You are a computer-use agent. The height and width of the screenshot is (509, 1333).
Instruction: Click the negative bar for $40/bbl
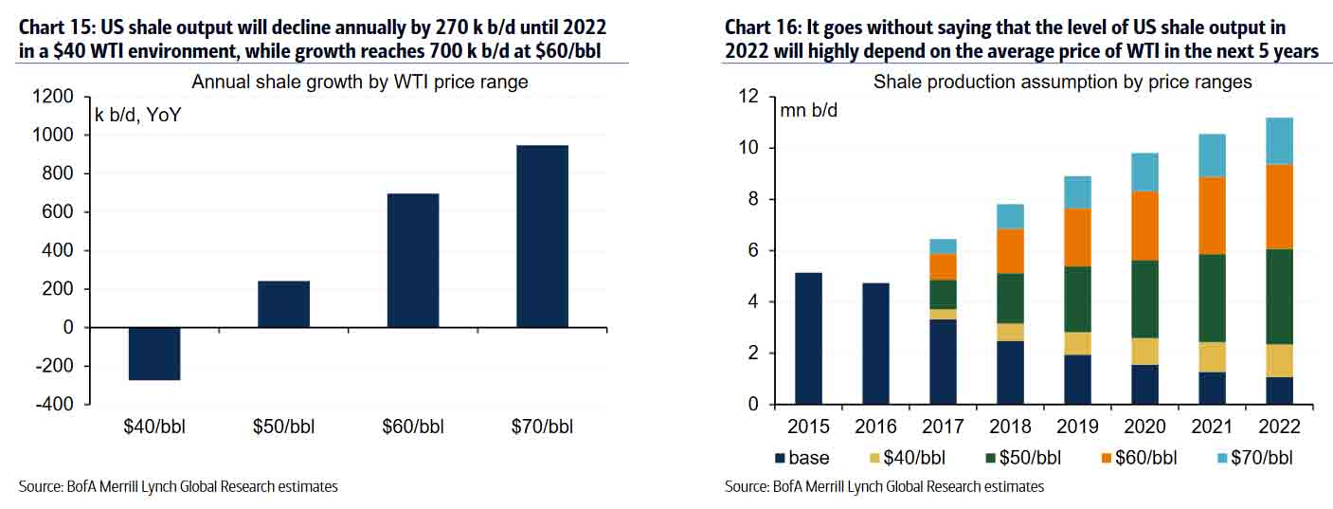pos(154,354)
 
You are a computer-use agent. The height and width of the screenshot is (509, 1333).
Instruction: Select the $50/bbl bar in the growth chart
pos(283,304)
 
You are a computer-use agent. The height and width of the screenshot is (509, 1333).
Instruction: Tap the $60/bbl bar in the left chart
pos(413,261)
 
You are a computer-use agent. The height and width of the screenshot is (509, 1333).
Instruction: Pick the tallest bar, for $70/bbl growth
pos(542,236)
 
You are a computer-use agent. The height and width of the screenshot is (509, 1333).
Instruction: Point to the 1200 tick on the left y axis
pos(52,97)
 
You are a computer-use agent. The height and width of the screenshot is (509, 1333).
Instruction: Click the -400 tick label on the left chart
pos(52,405)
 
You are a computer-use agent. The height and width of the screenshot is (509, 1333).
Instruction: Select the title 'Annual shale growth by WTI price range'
pos(360,82)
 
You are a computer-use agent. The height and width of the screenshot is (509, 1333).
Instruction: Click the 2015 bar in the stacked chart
pos(808,338)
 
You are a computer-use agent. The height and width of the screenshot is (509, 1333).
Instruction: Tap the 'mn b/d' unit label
pos(808,109)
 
